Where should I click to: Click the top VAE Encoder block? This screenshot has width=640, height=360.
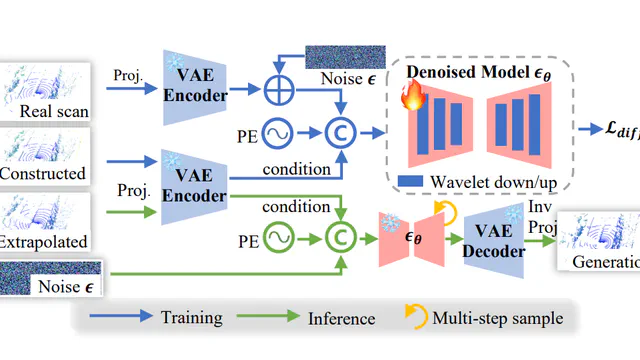195,87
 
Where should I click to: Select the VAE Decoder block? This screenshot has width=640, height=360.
494,242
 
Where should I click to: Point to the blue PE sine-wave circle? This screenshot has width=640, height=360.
275,131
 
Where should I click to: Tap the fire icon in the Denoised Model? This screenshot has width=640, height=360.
410,96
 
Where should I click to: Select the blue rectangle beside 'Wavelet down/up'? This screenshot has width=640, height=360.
409,180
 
